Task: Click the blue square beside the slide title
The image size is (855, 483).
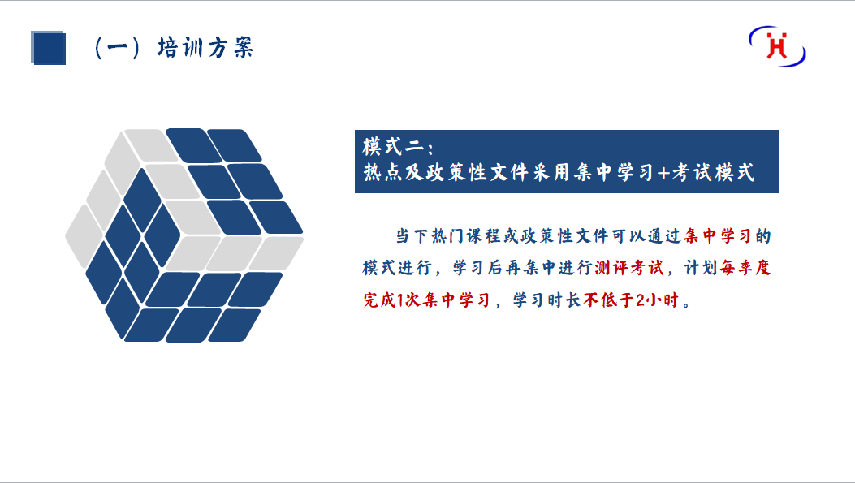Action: click(49, 48)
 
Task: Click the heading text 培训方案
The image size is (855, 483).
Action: click(205, 48)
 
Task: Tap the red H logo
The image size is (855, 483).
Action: click(777, 45)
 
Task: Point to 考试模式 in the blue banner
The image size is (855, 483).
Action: click(713, 173)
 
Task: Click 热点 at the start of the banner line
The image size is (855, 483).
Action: click(382, 173)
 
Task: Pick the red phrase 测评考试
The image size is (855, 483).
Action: click(629, 268)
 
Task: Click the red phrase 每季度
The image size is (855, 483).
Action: click(745, 268)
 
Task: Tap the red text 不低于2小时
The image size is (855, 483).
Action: click(631, 300)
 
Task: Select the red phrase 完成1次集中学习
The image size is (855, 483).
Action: click(426, 300)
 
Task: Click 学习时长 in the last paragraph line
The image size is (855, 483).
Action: click(546, 300)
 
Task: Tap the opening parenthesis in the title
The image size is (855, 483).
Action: click(98, 48)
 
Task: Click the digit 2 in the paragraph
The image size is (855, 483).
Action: click(641, 300)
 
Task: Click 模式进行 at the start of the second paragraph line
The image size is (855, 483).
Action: click(398, 268)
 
